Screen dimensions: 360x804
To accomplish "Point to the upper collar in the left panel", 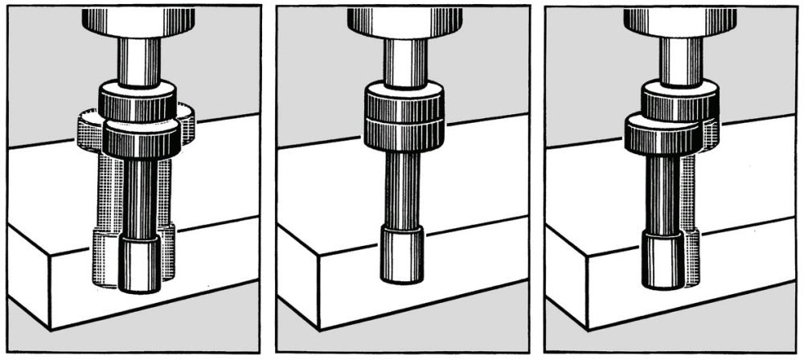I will click(137, 101).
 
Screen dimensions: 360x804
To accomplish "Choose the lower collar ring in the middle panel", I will click(404, 133).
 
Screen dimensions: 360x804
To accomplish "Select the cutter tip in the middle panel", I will click(401, 253).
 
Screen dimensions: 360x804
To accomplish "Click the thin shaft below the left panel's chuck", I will click(138, 60).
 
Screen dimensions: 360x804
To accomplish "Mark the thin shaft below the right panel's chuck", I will click(680, 60).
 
